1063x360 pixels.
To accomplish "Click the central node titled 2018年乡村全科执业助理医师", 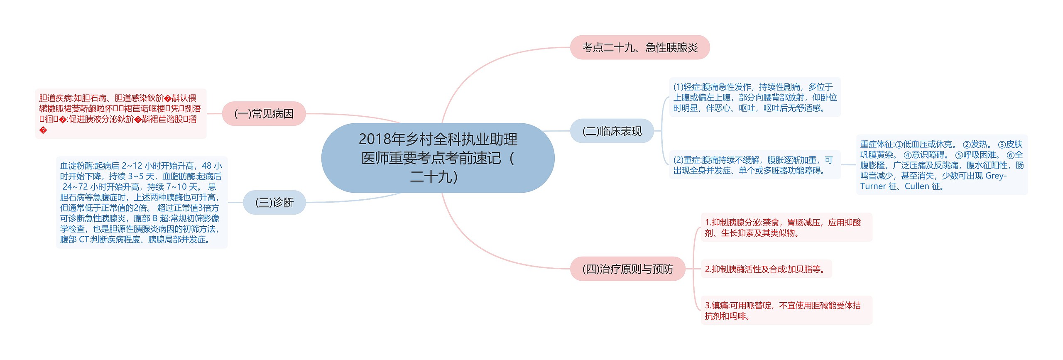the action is click(438, 158).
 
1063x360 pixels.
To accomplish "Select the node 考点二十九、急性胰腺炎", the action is click(639, 47).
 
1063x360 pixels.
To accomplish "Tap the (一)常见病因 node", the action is click(264, 113).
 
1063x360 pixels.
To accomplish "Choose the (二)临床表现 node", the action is click(612, 131).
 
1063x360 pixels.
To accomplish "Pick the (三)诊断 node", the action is click(274, 202).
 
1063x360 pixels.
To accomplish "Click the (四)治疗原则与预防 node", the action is click(627, 269).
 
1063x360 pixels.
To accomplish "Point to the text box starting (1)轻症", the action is click(754, 97).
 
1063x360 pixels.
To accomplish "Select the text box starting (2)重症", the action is click(754, 165).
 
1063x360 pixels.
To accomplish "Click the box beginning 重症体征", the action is click(941, 165).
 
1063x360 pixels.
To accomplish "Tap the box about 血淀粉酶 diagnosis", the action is click(142, 202).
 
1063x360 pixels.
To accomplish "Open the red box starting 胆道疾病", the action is click(120, 113).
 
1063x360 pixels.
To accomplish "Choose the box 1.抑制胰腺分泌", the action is click(786, 228).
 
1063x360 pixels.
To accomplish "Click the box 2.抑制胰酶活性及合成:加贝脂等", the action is click(766, 269).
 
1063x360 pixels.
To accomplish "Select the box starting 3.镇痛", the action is click(786, 311).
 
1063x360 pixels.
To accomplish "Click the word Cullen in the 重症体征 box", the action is click(917, 186).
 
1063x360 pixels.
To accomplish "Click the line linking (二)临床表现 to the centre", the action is click(556, 131).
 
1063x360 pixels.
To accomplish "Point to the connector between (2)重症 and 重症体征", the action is click(848, 165).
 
